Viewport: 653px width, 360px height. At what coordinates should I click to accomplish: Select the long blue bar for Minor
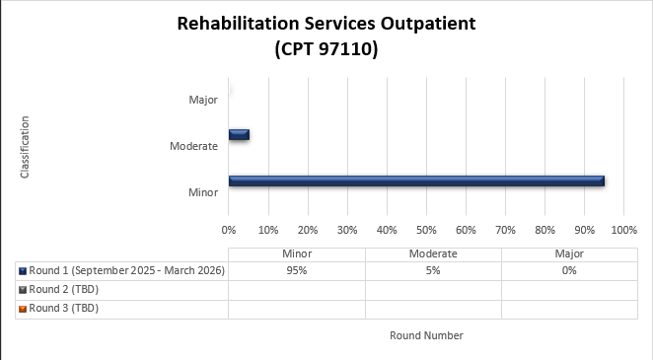pos(415,180)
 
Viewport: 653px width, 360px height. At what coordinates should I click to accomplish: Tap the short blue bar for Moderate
pos(239,134)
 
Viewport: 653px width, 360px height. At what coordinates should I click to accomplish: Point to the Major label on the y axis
pos(203,100)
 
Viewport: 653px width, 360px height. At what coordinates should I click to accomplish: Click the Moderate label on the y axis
pos(193,146)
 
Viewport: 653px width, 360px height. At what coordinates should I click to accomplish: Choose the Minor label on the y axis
pos(203,191)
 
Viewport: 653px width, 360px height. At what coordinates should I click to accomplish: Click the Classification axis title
pos(25,147)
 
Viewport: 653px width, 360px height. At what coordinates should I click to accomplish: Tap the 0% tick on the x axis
pos(229,230)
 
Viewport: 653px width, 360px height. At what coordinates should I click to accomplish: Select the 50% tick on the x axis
pos(426,230)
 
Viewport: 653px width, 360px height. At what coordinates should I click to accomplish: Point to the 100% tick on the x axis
pos(624,230)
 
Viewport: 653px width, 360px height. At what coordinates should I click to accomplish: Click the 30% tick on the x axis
pos(347,230)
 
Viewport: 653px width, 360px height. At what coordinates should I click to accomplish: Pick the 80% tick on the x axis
pos(544,230)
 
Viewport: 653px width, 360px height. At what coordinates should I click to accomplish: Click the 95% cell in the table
pos(297,270)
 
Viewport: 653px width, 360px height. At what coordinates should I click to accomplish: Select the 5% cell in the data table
pos(433,270)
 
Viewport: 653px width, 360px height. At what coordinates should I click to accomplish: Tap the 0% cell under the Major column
pos(569,270)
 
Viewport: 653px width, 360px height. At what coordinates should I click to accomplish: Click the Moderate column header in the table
pos(433,253)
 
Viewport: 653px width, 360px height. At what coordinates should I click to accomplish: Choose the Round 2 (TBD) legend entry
pos(64,289)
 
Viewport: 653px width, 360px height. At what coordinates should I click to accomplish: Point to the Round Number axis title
pos(426,335)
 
